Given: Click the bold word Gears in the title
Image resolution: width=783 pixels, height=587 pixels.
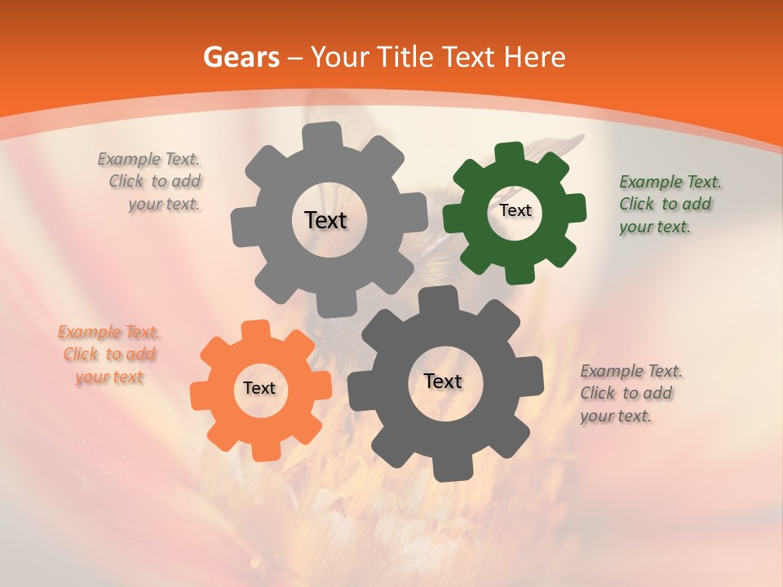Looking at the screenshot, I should (x=241, y=57).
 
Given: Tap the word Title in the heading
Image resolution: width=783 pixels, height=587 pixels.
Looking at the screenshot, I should (x=405, y=57).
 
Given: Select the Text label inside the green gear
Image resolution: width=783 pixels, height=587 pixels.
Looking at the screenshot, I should (x=515, y=210).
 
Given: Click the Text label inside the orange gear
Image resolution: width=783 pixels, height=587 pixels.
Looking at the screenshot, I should (x=259, y=389).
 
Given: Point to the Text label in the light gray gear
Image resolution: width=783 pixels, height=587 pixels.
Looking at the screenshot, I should (x=325, y=220).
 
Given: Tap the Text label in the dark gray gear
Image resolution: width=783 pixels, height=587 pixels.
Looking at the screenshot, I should (x=443, y=382).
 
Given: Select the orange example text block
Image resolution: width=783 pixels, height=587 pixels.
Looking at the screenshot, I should (x=109, y=354).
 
